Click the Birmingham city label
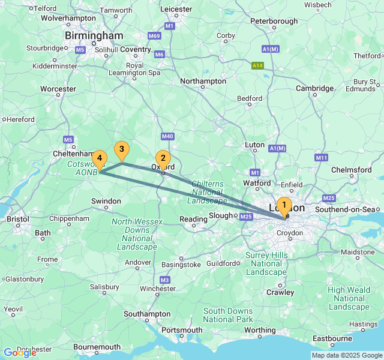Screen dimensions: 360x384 coord(94,36)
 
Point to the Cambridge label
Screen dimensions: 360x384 coord(314,88)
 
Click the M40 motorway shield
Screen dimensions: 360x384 coord(167,137)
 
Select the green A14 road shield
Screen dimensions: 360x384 coord(258,65)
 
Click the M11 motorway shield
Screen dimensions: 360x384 coord(322,157)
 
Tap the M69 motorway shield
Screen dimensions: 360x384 coord(155,36)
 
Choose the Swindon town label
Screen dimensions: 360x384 coord(106,201)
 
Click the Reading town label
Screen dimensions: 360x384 coord(193,220)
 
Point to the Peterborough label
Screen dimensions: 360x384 coord(274,21)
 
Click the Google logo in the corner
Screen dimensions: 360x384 coord(20,353)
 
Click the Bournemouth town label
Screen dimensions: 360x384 coord(97,347)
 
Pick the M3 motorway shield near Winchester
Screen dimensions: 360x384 coord(165,280)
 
